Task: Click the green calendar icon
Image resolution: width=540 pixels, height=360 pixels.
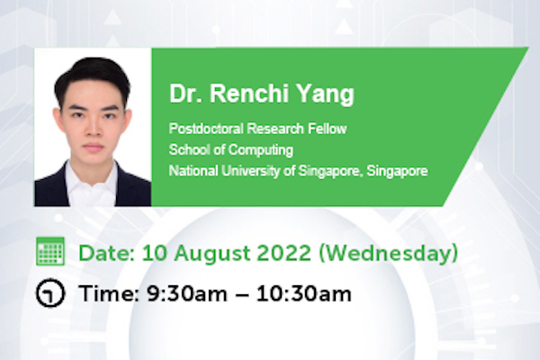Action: [x=50, y=251]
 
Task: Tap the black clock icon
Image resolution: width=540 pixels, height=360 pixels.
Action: [x=50, y=293]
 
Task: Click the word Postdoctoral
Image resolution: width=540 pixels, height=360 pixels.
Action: [x=206, y=129]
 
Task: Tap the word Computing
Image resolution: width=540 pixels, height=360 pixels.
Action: [x=261, y=150]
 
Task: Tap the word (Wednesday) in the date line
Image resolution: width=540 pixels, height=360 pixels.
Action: [x=388, y=254]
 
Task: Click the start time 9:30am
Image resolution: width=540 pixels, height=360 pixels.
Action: [x=187, y=294]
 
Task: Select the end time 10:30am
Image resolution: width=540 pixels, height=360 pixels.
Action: [x=304, y=294]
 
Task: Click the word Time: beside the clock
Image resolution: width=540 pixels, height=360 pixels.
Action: [x=109, y=294]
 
